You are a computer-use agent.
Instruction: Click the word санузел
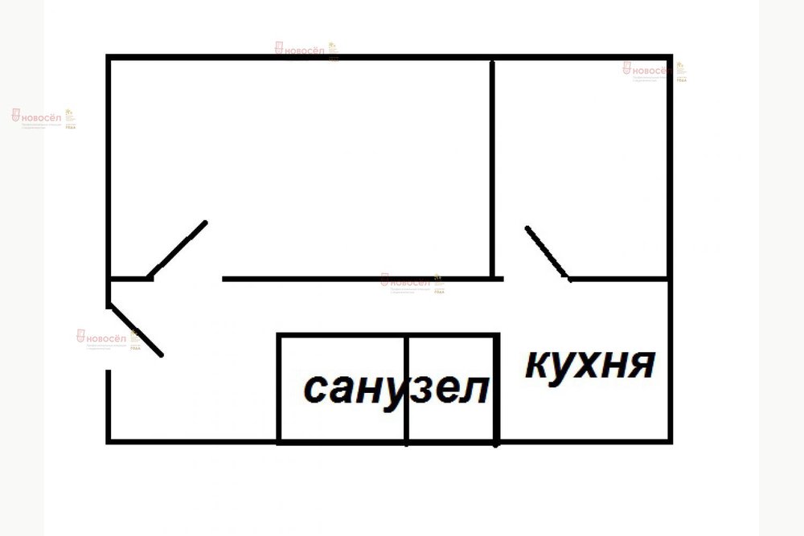[396, 390]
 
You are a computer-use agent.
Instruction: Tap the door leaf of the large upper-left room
[178, 249]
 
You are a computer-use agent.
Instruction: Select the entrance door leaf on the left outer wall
[135, 329]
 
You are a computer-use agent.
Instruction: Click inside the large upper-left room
[297, 161]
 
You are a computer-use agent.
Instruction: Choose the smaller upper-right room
[580, 161]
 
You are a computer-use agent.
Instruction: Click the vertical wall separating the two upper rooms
[492, 169]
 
